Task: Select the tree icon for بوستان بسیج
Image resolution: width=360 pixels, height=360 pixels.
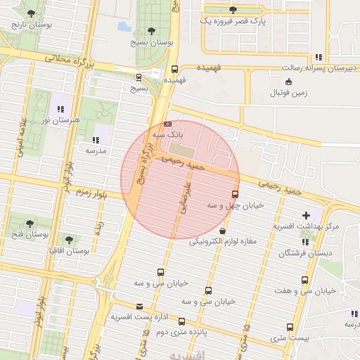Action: pos(152,31)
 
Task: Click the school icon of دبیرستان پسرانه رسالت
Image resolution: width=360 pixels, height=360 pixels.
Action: pos(319,57)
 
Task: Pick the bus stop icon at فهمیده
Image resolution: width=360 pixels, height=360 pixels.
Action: pos(174,69)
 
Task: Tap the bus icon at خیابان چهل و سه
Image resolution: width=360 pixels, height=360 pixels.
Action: pos(234,194)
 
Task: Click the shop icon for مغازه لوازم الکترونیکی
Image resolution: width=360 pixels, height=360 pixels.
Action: pos(223,231)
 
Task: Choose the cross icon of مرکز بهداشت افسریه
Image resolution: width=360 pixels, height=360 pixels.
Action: pos(305,215)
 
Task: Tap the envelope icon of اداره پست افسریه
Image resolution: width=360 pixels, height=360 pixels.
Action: pos(139,307)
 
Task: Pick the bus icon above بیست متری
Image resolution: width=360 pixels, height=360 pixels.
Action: pos(290,327)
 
